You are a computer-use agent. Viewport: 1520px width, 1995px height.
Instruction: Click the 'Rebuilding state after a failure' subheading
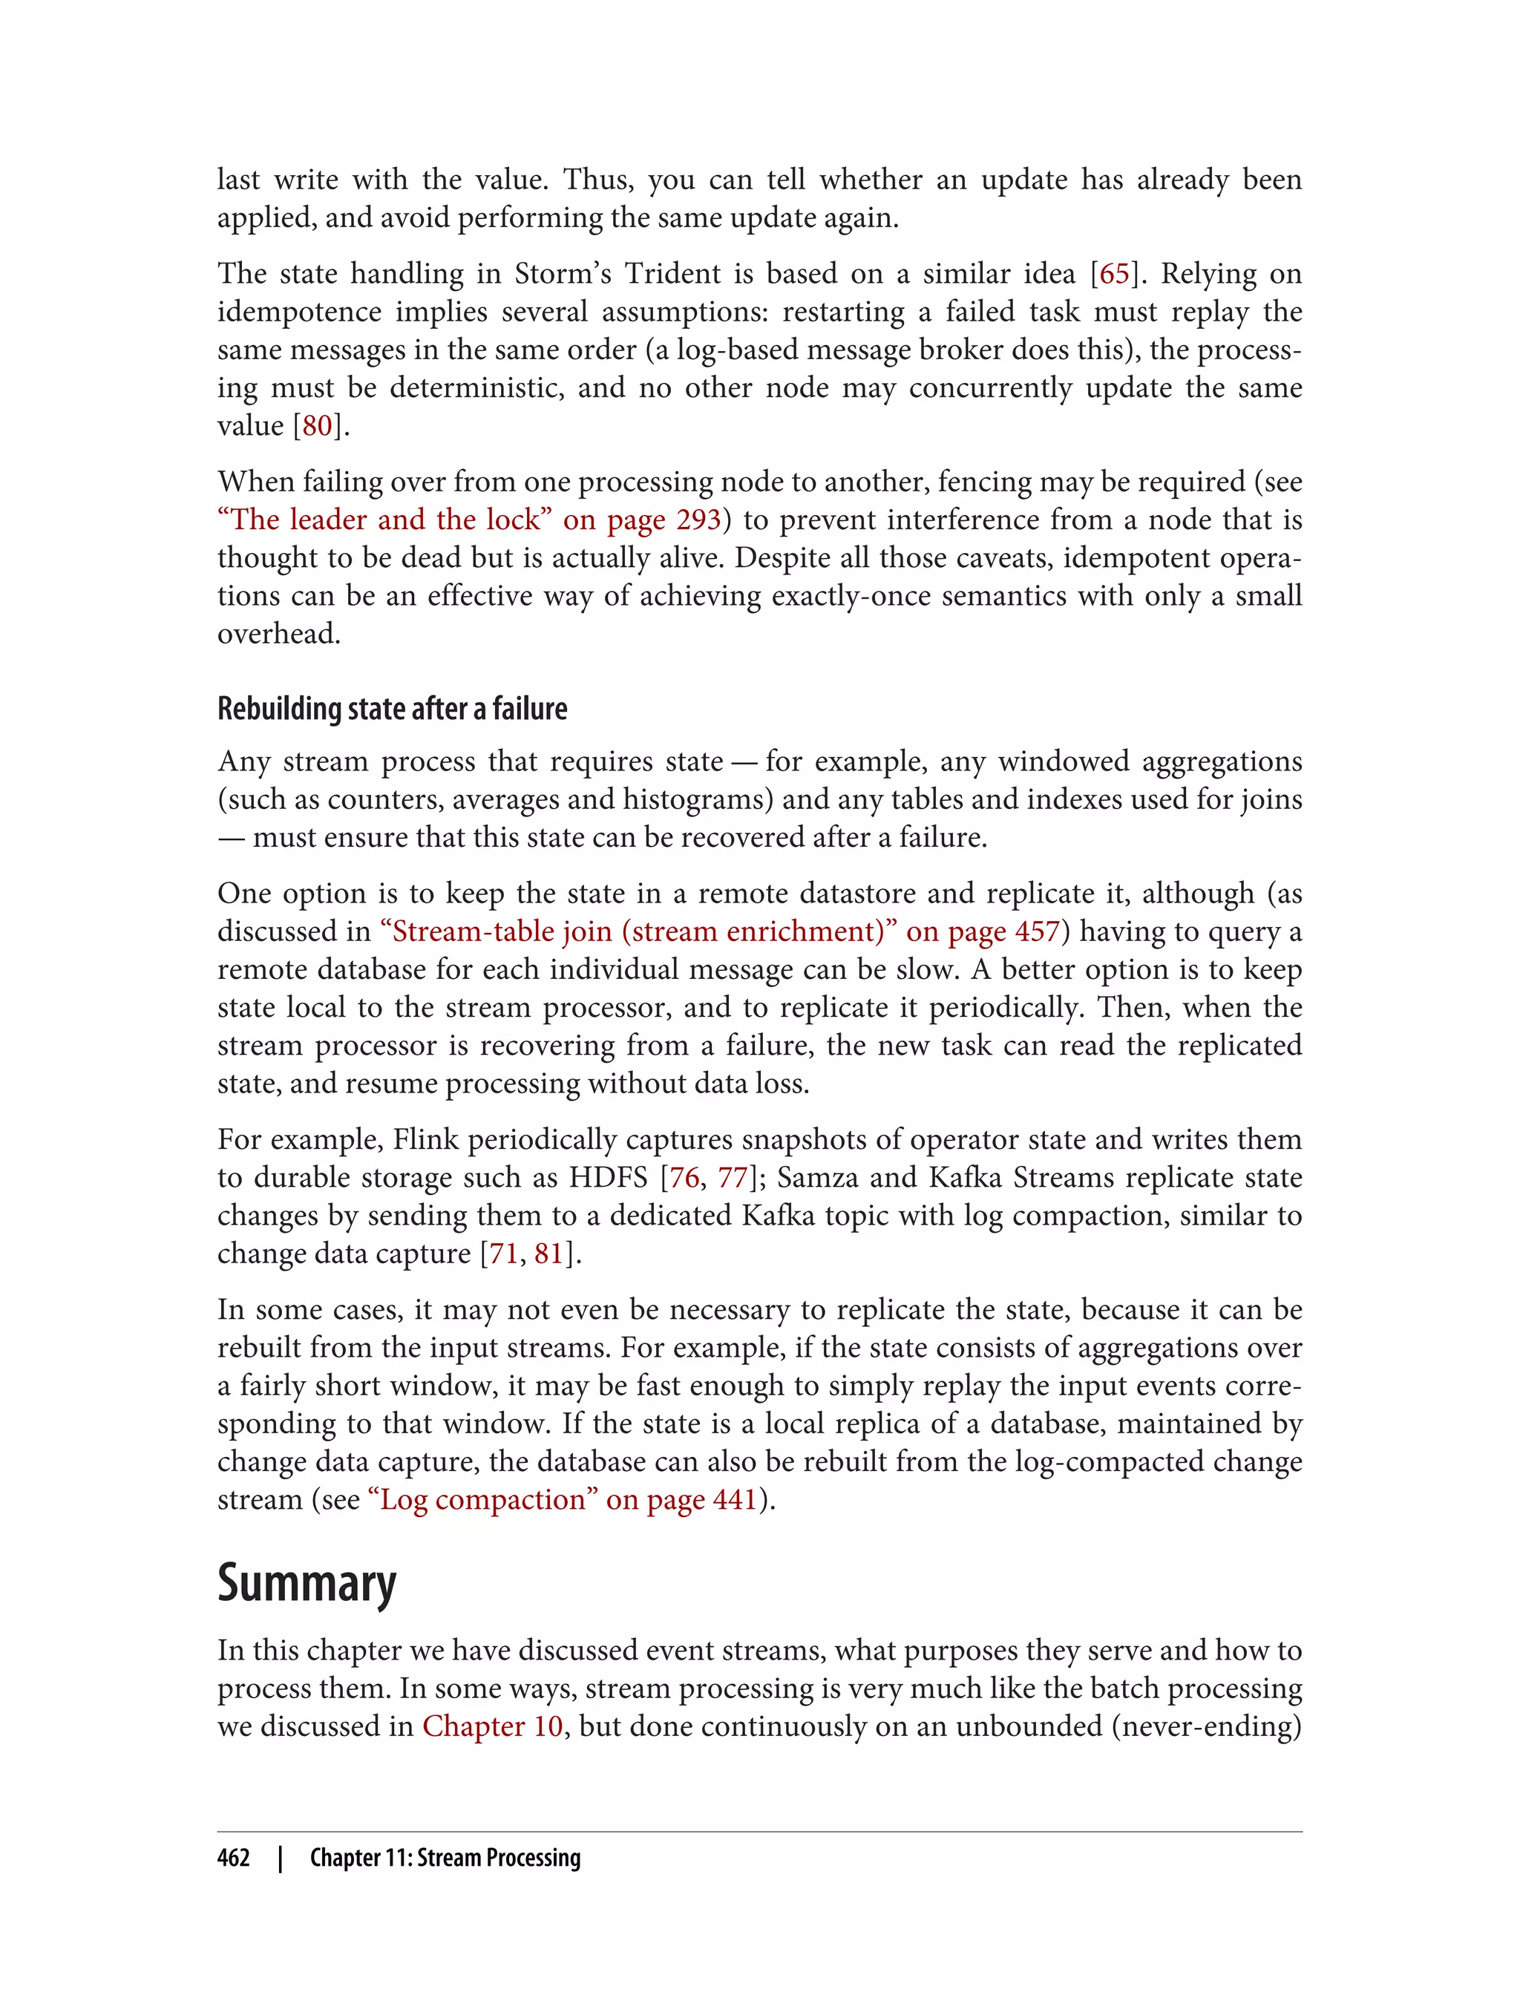[392, 709]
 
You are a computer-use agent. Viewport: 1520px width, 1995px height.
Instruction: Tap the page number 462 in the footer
[234, 1858]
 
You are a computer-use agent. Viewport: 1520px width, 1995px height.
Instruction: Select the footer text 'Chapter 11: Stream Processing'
[445, 1858]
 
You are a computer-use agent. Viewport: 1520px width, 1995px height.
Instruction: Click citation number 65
[1114, 274]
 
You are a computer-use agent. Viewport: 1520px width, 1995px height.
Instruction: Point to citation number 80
[318, 426]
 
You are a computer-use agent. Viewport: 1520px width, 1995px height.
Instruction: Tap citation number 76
[684, 1178]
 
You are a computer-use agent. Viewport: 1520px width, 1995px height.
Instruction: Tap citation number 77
[732, 1178]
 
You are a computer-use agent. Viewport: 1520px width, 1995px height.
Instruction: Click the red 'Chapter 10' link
[492, 1726]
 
